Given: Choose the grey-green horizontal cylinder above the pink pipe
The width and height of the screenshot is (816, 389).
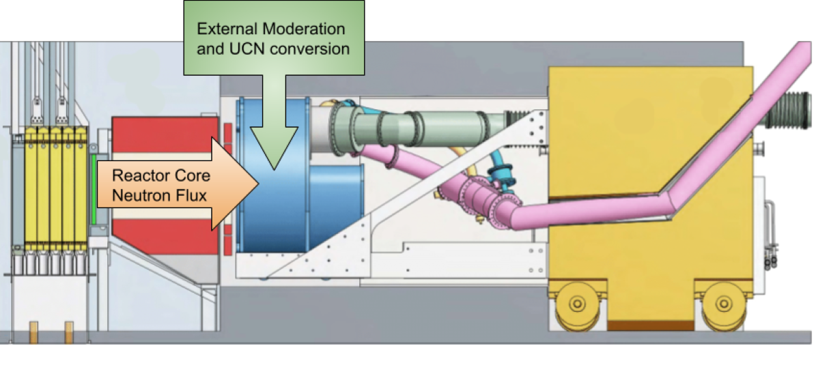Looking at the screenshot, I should coord(423,126).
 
